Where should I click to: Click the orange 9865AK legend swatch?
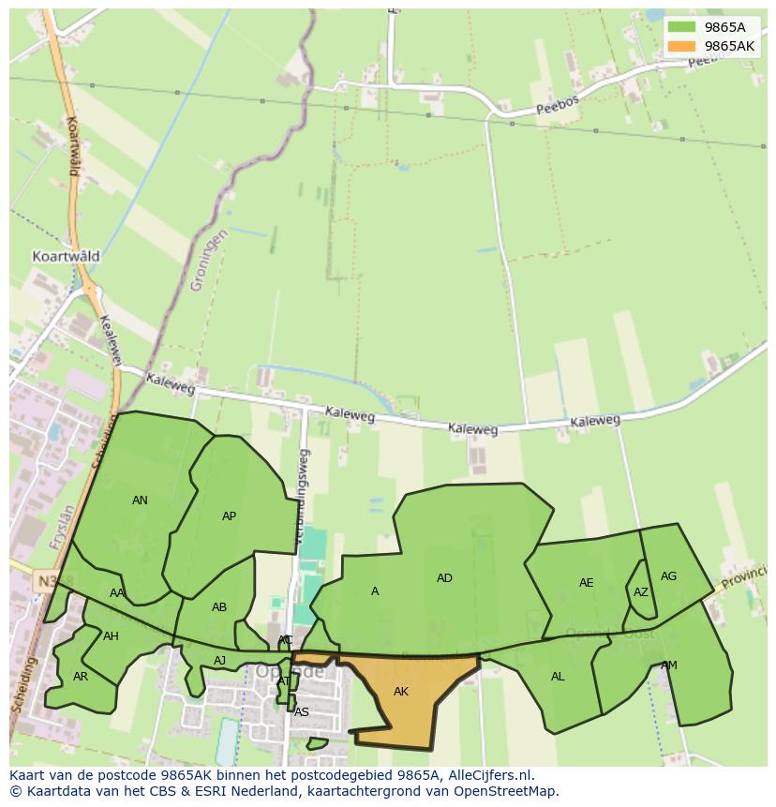coord(681,46)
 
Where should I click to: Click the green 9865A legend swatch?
coord(681,27)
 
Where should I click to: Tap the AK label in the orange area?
coord(401,692)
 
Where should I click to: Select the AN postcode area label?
coord(140,501)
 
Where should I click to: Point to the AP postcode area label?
coord(229,516)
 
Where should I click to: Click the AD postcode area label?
coord(444,578)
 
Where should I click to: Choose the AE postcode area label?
coord(586,583)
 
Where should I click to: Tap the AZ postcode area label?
coord(640,592)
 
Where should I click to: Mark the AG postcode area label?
coord(668,576)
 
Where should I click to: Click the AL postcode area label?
coord(558,677)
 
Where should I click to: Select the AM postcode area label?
coord(668,665)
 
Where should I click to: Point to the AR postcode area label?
coord(81,677)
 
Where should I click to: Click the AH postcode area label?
coord(111,636)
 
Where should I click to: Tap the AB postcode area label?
coord(219,607)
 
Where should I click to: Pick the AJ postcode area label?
coord(219,661)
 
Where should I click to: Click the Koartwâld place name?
coord(66,256)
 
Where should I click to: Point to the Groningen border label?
coord(207,260)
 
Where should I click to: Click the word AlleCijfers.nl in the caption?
coord(488,775)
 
